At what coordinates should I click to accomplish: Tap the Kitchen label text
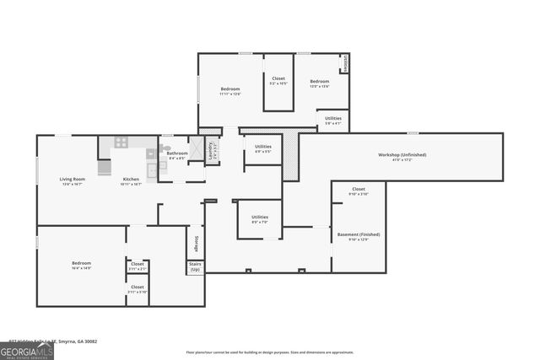[131, 180]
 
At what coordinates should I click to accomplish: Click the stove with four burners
[121, 142]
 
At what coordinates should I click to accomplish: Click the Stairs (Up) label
[195, 266]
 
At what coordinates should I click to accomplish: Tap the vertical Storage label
[196, 243]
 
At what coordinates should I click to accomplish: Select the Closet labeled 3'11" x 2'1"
[137, 265]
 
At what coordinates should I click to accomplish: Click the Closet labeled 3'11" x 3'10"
[137, 287]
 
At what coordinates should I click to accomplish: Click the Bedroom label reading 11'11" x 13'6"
[230, 89]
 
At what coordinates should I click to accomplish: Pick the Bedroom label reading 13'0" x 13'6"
[318, 82]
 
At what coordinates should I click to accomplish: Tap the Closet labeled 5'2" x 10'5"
[278, 79]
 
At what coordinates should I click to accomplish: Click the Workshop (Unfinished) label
[402, 155]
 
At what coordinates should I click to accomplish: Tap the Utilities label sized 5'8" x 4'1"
[333, 119]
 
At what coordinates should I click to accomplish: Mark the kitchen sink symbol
[152, 169]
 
